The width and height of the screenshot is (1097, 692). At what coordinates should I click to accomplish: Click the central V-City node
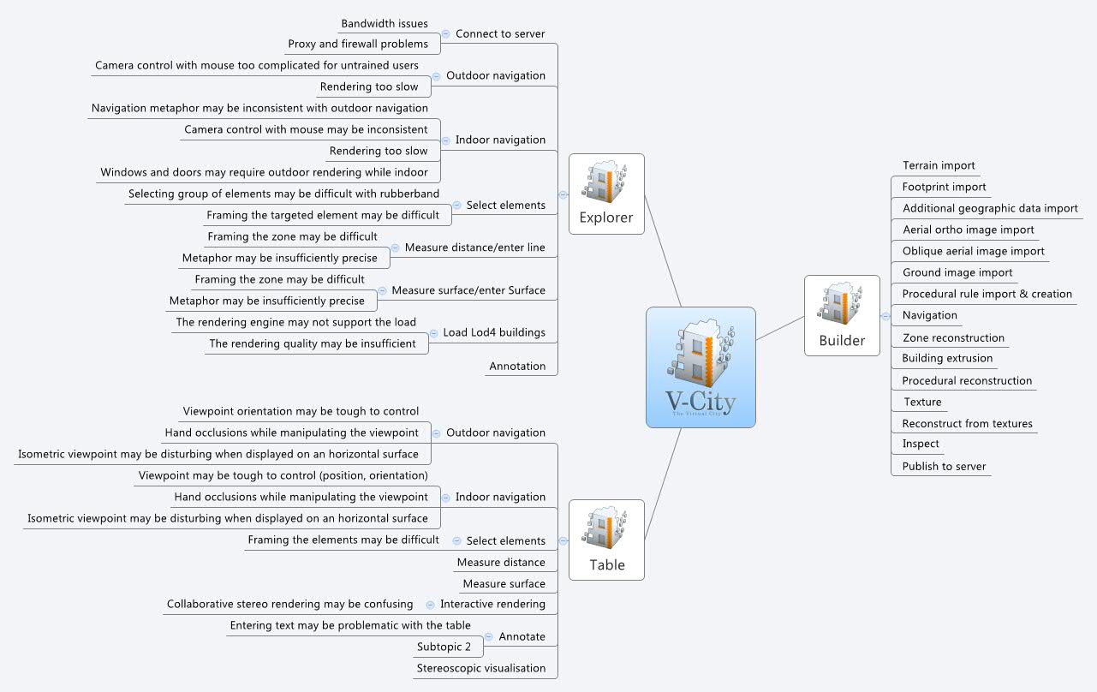[701, 367]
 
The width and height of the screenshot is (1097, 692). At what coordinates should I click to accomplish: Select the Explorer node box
[606, 194]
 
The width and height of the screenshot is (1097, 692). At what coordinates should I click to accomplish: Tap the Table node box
[606, 540]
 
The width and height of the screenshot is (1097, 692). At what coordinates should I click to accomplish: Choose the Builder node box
[842, 315]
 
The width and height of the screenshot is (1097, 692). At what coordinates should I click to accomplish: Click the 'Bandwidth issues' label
[385, 24]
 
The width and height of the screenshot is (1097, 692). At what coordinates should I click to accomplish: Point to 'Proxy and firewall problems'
[357, 44]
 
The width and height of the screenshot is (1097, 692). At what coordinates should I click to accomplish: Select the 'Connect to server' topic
[500, 34]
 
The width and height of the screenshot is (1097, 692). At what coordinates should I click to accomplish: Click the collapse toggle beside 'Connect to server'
[445, 34]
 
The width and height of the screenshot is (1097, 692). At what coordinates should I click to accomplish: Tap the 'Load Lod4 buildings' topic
[494, 332]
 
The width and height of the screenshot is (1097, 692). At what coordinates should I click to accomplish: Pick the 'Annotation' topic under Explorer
[517, 367]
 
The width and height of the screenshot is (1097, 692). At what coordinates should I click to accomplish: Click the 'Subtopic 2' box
[444, 647]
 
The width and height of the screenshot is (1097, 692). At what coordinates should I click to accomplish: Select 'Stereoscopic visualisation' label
[481, 668]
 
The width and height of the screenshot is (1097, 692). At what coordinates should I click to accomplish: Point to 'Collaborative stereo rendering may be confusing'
[289, 604]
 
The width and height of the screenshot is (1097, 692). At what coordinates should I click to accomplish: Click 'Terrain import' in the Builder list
[939, 165]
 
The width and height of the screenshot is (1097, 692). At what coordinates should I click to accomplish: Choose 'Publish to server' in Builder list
[944, 467]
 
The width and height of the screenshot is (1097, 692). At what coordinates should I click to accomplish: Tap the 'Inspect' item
[921, 444]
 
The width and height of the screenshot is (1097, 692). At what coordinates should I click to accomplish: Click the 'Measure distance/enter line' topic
[474, 248]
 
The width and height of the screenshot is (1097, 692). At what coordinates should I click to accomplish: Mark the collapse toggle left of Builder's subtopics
[885, 316]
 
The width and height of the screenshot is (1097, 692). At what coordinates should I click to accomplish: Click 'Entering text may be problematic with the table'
[350, 625]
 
